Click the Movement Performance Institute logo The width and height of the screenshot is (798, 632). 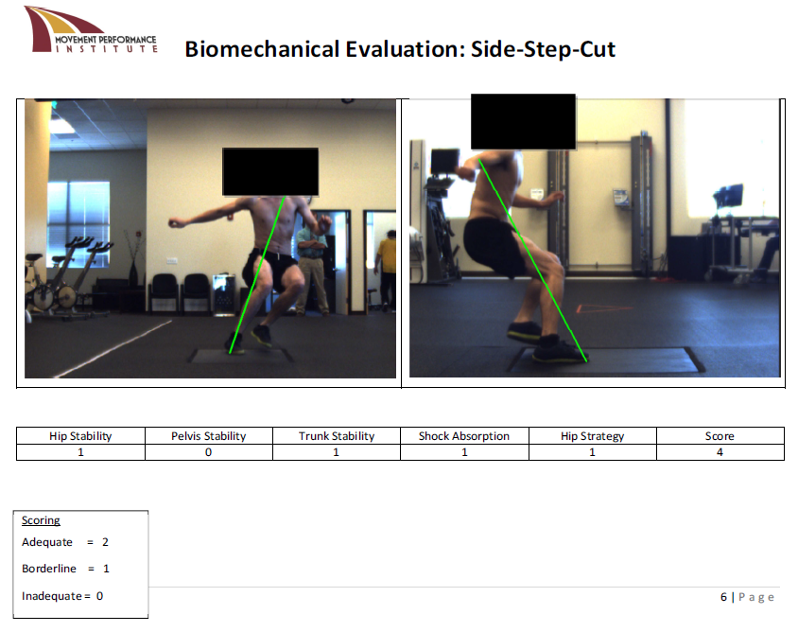91,29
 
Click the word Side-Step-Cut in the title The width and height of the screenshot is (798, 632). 543,49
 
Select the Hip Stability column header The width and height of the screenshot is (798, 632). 80,436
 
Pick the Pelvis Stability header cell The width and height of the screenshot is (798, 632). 209,436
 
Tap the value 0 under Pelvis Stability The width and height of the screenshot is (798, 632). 208,452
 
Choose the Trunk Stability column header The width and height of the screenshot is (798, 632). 337,436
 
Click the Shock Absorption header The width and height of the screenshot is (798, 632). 464,436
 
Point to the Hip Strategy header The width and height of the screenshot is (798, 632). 593,436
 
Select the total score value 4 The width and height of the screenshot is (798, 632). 720,452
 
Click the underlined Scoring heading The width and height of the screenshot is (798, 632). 41,520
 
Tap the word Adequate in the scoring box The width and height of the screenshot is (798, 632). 47,542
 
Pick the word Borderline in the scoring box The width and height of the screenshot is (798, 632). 49,569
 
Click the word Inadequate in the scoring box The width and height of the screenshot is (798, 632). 51,596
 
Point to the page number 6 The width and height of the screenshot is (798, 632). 723,597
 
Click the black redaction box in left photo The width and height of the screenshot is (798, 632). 270,172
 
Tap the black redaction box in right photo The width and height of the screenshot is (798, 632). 523,122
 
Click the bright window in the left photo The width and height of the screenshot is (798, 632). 78,223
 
